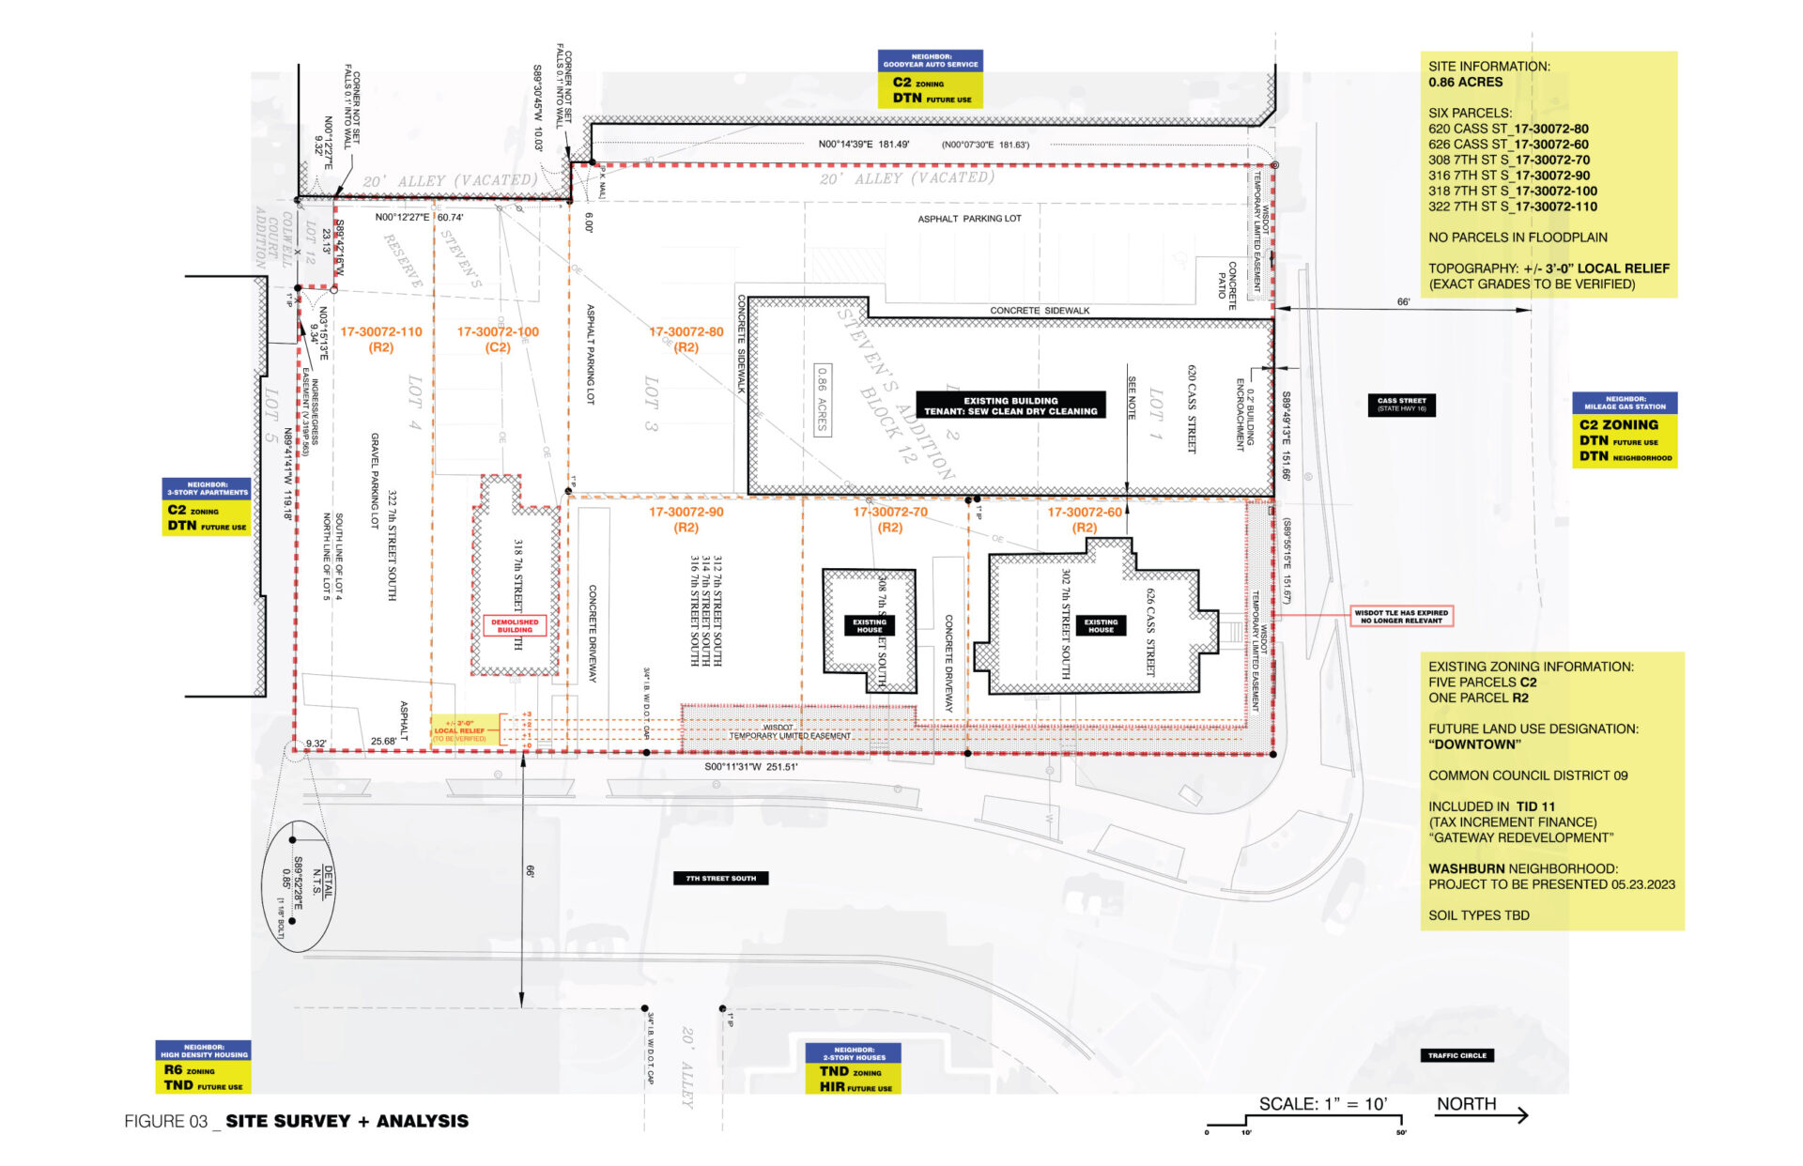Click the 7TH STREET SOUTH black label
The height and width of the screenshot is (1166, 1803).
pyautogui.click(x=720, y=878)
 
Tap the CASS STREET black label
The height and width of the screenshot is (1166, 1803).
pyautogui.click(x=1401, y=405)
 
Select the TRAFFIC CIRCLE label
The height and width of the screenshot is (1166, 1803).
pyautogui.click(x=1456, y=1055)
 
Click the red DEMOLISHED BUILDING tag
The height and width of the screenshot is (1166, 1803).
pyautogui.click(x=515, y=625)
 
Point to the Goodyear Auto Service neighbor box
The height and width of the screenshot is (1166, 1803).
pyautogui.click(x=930, y=79)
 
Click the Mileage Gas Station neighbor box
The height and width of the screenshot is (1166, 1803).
pyautogui.click(x=1625, y=430)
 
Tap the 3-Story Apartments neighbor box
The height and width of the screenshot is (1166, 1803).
pyautogui.click(x=207, y=508)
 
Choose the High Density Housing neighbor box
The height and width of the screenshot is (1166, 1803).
pyautogui.click(x=203, y=1066)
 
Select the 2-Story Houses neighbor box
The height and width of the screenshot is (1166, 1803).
pyautogui.click(x=853, y=1068)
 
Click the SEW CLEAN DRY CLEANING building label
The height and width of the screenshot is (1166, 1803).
pyautogui.click(x=1010, y=406)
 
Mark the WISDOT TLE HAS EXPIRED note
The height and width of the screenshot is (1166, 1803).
pyautogui.click(x=1401, y=616)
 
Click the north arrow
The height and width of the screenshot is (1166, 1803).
pyautogui.click(x=1482, y=1114)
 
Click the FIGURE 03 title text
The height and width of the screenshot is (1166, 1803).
pyautogui.click(x=296, y=1121)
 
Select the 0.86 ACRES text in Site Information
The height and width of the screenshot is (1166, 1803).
pyautogui.click(x=1465, y=82)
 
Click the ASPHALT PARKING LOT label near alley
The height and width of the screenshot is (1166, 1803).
pyautogui.click(x=969, y=219)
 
